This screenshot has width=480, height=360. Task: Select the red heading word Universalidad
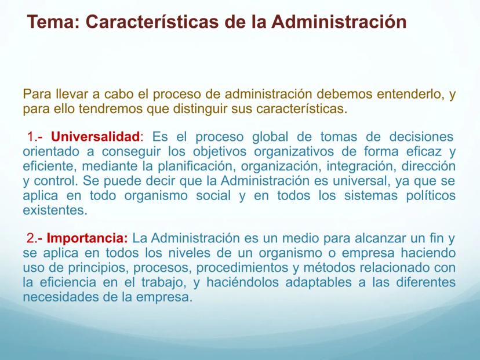[x=95, y=137]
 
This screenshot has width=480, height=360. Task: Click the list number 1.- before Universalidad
[x=35, y=137]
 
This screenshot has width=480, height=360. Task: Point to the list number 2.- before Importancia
[x=34, y=238]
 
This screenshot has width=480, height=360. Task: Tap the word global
[x=270, y=137]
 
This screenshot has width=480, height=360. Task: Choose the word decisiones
[x=421, y=137]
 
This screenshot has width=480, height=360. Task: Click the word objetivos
[x=220, y=151]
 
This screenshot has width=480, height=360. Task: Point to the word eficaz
[x=424, y=151]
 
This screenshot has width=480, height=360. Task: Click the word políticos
[x=431, y=195]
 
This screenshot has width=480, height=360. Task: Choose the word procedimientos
[x=242, y=268]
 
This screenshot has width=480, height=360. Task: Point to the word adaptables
[x=318, y=282]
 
